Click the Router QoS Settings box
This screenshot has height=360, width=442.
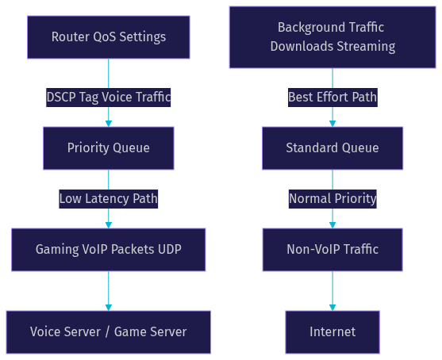[x=109, y=37]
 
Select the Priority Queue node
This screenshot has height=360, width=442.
[x=109, y=148]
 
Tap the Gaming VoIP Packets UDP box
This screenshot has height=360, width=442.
[x=109, y=250]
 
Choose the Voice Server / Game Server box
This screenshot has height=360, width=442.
[x=109, y=332]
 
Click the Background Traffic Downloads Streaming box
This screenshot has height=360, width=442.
[x=332, y=37]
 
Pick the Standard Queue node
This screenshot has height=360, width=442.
[x=332, y=148]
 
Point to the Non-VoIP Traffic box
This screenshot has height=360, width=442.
[x=332, y=250]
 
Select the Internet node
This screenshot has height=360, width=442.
[x=332, y=332]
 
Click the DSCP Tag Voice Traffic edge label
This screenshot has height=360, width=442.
[x=109, y=98]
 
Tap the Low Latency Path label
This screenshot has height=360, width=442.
[x=109, y=199]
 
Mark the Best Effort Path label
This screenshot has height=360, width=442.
[x=332, y=98]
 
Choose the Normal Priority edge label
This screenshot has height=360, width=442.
[x=332, y=199]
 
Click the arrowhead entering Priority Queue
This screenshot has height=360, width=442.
[x=109, y=124]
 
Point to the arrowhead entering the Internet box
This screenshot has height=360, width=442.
[x=332, y=308]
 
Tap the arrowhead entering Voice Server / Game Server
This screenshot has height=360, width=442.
[x=109, y=308]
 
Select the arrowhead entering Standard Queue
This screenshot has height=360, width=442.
[x=332, y=124]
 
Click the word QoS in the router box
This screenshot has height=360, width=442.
[x=104, y=37]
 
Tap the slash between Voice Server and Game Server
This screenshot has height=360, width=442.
[x=107, y=331]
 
